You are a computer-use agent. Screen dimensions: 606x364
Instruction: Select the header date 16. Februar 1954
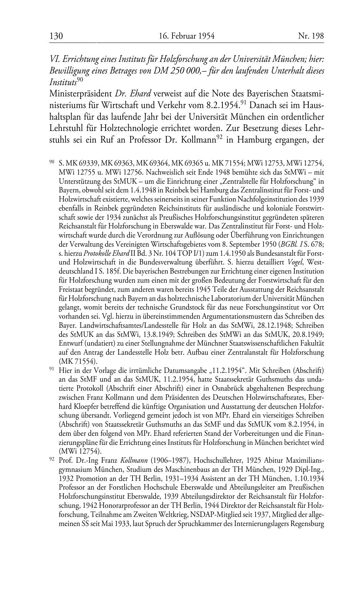point(186,36)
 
